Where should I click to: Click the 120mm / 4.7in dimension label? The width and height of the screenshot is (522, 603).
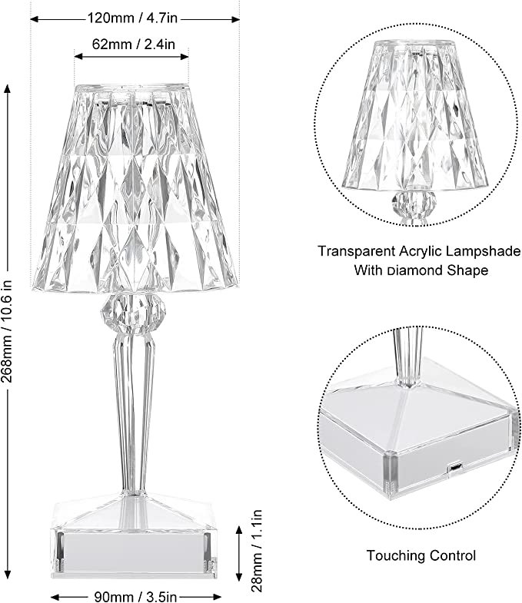tap(133, 18)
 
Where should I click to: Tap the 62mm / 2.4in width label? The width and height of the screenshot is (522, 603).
tap(133, 45)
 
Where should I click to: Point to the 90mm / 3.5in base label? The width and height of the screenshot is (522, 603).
tap(135, 596)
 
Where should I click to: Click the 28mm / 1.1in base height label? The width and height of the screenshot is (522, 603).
tap(256, 551)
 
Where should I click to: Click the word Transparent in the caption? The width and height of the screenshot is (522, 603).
tap(356, 251)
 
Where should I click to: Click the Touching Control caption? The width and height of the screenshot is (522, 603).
tap(421, 555)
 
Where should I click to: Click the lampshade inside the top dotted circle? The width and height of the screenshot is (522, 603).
tap(415, 114)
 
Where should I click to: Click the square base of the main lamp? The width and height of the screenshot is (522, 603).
tap(133, 536)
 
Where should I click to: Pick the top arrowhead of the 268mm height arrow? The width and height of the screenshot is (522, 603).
tap(7, 90)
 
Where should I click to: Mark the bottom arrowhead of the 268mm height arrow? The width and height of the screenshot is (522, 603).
tap(7, 573)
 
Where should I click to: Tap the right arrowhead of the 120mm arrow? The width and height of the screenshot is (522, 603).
tap(234, 19)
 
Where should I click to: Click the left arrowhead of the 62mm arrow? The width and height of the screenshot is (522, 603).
tap(79, 57)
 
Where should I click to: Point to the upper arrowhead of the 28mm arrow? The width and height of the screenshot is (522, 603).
tap(238, 532)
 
